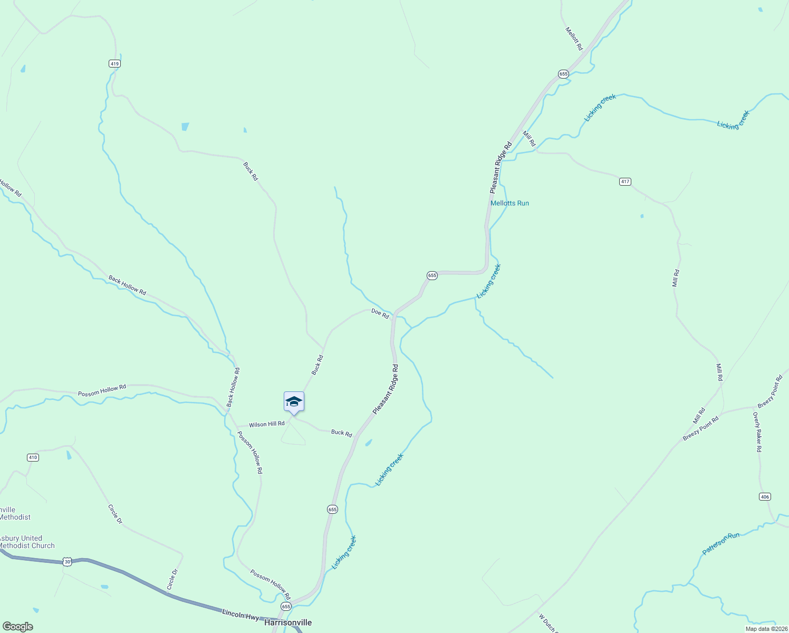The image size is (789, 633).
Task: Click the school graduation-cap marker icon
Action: [x=294, y=402]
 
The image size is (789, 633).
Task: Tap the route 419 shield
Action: [x=115, y=64]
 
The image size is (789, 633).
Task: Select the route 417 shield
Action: [x=625, y=181]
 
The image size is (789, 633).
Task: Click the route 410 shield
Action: [x=33, y=457]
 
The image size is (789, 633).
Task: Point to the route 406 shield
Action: [x=765, y=496]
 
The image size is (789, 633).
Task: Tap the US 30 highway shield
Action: [x=67, y=562]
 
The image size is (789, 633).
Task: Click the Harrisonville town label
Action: [x=288, y=622]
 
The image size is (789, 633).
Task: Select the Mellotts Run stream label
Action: [x=509, y=203]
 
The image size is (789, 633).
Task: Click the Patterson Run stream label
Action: [x=720, y=543]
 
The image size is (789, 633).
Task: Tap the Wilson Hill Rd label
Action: [x=266, y=424]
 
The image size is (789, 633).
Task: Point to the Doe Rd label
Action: [x=380, y=313]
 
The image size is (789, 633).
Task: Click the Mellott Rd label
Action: [x=574, y=39]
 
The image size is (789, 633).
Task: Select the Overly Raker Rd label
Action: [x=757, y=431]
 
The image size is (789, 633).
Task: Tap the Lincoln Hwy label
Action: [x=240, y=615]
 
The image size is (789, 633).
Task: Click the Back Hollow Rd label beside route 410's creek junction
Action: [x=233, y=387]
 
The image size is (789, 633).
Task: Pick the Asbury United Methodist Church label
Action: [x=26, y=542]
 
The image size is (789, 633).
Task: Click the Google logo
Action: [x=18, y=627]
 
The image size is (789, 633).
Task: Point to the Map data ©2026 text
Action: [x=765, y=628]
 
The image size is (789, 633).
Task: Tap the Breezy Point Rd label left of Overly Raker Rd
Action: [x=700, y=429]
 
